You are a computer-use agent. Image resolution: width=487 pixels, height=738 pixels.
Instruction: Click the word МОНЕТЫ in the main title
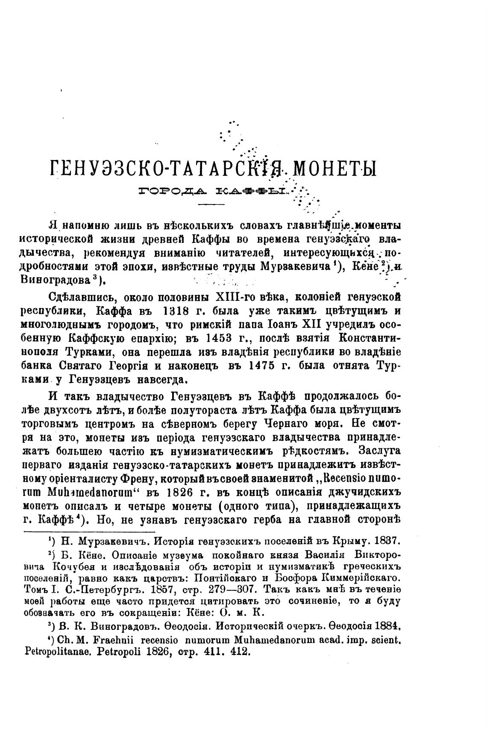pyautogui.click(x=333, y=169)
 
